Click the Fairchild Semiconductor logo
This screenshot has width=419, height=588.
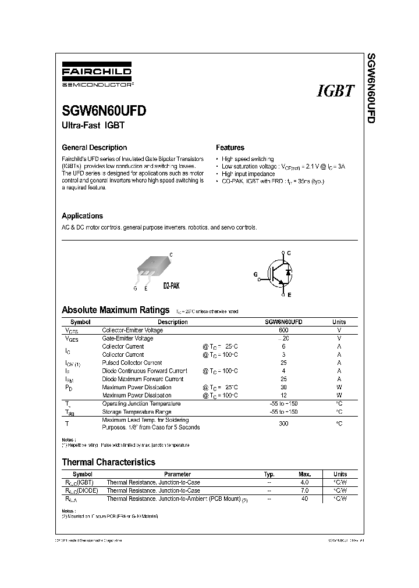97,77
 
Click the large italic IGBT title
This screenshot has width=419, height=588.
335,91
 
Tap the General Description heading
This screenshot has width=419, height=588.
94,148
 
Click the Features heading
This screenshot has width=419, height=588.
230,148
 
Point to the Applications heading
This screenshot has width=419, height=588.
82,216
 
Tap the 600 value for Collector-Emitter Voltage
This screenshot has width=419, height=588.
283,330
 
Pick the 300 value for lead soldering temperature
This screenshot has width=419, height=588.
283,424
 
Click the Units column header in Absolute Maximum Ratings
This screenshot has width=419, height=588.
339,322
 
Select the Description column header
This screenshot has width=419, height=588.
173,322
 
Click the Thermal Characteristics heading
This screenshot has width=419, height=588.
108,462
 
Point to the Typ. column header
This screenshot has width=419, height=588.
269,474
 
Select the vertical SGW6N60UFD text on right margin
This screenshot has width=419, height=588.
370,88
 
